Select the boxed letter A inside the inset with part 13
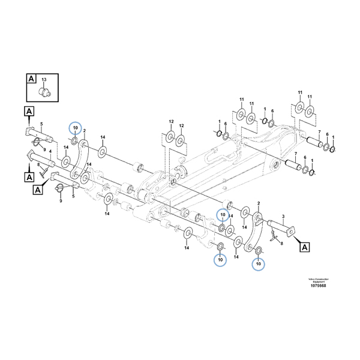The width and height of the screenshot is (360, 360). pos(31,79)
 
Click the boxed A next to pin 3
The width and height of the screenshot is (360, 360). pos(304,247)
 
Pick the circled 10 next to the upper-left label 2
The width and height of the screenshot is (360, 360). pos(74,128)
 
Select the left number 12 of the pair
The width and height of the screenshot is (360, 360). pos(170,123)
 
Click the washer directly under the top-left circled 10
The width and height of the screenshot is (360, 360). pos(74,142)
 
